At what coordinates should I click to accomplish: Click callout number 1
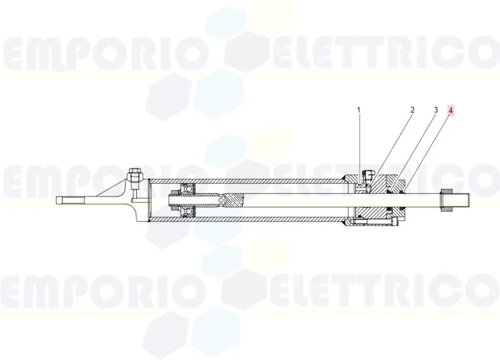[358, 110]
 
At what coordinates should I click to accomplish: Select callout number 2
[412, 110]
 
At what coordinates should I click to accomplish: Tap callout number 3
[436, 110]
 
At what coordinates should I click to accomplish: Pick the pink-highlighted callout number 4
[450, 111]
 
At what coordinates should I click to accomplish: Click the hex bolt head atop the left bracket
[135, 174]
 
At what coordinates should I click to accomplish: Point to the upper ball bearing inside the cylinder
[187, 189]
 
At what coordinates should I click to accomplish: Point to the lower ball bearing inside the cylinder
[187, 212]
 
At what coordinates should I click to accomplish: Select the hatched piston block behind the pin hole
[233, 200]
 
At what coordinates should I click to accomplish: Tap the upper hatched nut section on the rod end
[446, 191]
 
